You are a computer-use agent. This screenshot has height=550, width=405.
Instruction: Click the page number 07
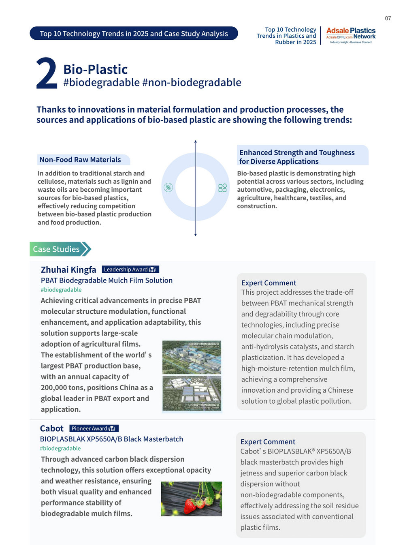(x=388, y=18)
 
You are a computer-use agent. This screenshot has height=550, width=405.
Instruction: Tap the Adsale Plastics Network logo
(x=351, y=36)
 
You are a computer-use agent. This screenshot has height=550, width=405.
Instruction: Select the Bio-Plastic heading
(x=95, y=69)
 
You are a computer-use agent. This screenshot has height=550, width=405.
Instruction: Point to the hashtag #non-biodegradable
(x=192, y=82)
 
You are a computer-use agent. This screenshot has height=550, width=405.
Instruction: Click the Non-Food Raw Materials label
(x=80, y=160)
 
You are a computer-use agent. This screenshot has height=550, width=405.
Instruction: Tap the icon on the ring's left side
(x=168, y=187)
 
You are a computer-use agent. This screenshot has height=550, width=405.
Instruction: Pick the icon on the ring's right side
(x=222, y=188)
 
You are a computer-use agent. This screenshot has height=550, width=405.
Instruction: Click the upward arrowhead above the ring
(x=195, y=141)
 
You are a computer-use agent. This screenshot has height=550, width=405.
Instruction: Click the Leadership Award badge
(x=130, y=270)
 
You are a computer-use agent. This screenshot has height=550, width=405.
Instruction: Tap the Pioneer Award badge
(x=94, y=428)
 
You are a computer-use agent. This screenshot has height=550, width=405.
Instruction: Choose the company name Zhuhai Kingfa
(x=68, y=270)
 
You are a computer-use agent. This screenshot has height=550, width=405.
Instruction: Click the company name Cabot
(x=51, y=428)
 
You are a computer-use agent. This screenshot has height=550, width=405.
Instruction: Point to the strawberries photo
(x=191, y=499)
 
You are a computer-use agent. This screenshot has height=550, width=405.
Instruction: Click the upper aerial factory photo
(x=192, y=357)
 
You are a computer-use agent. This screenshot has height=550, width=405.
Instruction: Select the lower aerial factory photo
(x=192, y=393)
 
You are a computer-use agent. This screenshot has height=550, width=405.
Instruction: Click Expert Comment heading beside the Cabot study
(x=268, y=442)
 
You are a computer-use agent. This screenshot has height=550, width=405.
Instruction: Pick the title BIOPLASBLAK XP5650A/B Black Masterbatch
(x=111, y=439)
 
